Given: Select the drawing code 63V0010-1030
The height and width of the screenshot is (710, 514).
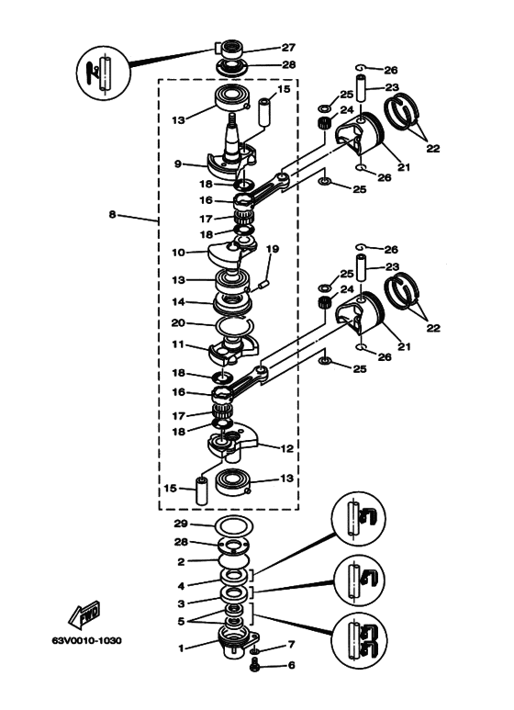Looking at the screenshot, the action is click(87, 641).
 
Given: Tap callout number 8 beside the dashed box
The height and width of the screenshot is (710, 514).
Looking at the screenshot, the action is click(113, 214).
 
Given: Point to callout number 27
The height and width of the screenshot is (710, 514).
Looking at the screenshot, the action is click(288, 47).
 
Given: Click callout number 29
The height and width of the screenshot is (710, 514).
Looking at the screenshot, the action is click(181, 524).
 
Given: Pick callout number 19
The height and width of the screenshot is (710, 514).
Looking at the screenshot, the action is click(273, 249).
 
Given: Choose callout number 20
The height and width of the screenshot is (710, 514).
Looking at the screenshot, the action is click(178, 323).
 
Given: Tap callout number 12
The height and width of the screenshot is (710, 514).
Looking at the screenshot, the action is click(287, 449).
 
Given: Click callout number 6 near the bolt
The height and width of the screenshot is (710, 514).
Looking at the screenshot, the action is click(291, 665).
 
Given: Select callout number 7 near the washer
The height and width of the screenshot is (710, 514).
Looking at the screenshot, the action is click(291, 645).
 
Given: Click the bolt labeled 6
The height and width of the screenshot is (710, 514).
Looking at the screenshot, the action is click(254, 664).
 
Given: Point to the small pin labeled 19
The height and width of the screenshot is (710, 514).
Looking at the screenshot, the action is click(264, 285).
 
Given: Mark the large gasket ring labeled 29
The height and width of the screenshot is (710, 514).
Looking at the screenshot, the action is click(233, 525).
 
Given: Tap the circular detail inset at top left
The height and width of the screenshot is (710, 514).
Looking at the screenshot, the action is click(103, 72).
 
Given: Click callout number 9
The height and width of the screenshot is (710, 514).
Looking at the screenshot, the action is click(178, 163).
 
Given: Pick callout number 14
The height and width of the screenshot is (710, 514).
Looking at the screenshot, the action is click(179, 302).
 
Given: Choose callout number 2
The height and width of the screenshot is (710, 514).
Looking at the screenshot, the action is click(181, 562).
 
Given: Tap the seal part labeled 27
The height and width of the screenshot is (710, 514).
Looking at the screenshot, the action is click(231, 48).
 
